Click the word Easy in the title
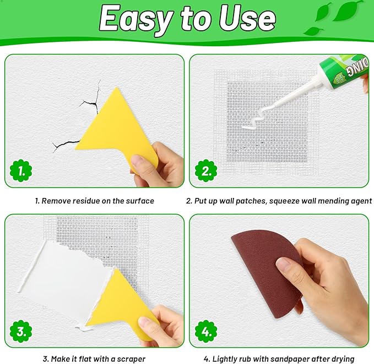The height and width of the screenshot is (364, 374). (x=132, y=20)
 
